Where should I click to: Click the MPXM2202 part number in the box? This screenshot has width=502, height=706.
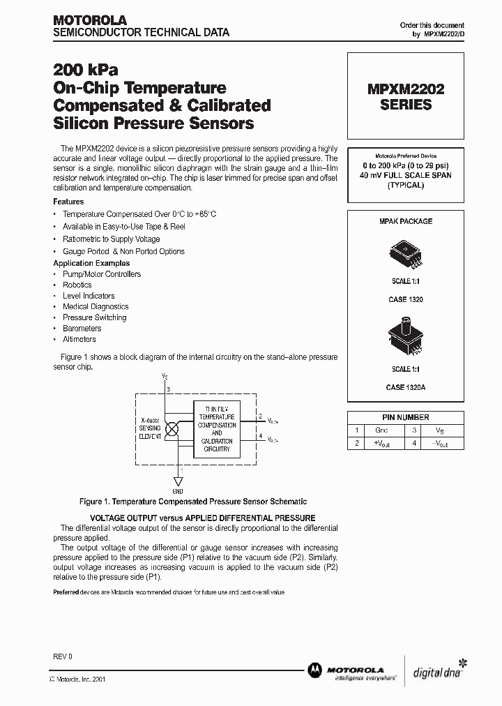tap(405, 90)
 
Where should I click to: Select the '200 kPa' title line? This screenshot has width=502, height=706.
tap(86, 70)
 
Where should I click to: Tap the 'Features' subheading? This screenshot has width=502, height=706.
tap(68, 202)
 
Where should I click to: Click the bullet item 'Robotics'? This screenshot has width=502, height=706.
tap(77, 285)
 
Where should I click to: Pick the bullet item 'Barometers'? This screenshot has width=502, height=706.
tap(82, 328)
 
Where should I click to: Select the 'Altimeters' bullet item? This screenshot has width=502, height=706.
tap(79, 339)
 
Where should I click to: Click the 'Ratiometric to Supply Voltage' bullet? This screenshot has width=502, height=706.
tap(111, 239)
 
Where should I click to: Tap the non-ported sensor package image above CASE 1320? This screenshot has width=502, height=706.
tap(405, 253)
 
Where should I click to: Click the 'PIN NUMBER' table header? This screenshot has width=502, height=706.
tap(405, 417)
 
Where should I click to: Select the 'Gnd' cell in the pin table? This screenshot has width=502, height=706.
tap(381, 430)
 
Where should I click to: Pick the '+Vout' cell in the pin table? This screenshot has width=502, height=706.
tap(381, 443)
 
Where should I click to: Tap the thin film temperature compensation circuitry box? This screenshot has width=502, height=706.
tap(216, 429)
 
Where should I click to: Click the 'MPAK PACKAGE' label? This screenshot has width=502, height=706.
tap(405, 221)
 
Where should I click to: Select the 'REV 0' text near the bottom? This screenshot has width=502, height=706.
tap(63, 656)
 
